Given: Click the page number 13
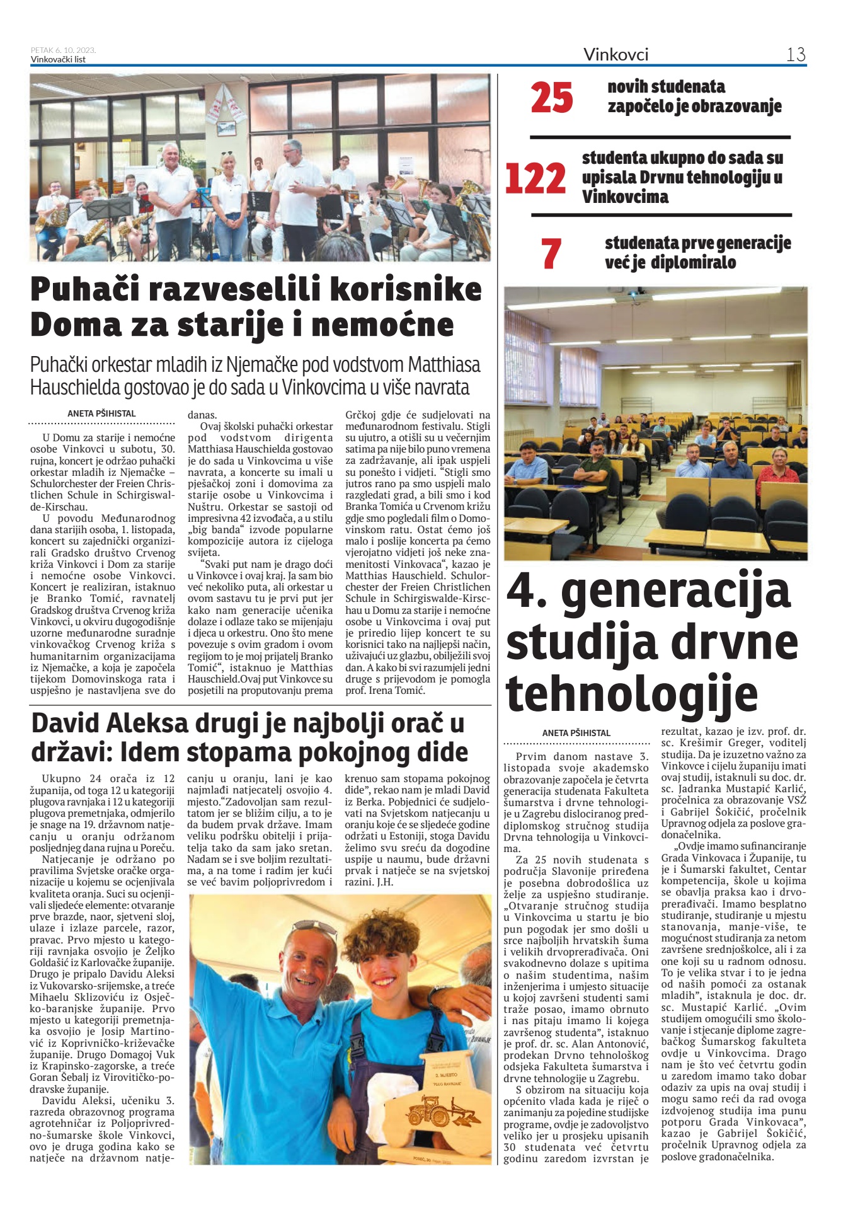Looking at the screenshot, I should pos(796,55).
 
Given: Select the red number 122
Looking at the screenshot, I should pos(535,179).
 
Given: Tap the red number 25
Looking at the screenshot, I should pos(552,98).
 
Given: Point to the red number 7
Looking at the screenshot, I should pos(551,253).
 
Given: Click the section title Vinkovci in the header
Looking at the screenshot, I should pos(615,55).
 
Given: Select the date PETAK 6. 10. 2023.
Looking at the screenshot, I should pos(63,50).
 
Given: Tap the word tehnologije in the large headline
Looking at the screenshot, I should pos(632,693).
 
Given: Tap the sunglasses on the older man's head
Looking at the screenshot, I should pos(314,928).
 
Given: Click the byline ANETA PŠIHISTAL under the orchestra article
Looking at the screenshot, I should pos(101,413).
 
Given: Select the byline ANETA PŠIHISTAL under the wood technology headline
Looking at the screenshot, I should pos(576,733).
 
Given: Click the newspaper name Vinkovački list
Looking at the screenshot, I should pos(58,60).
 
